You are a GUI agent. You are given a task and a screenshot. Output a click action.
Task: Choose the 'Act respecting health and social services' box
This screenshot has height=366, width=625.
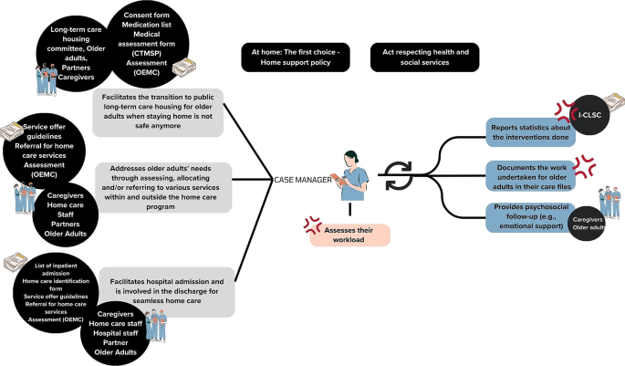[424, 57]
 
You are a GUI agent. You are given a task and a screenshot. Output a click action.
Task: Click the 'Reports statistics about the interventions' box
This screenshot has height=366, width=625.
[530, 132]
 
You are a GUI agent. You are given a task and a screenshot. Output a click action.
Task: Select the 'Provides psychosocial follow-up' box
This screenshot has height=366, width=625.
[530, 215]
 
